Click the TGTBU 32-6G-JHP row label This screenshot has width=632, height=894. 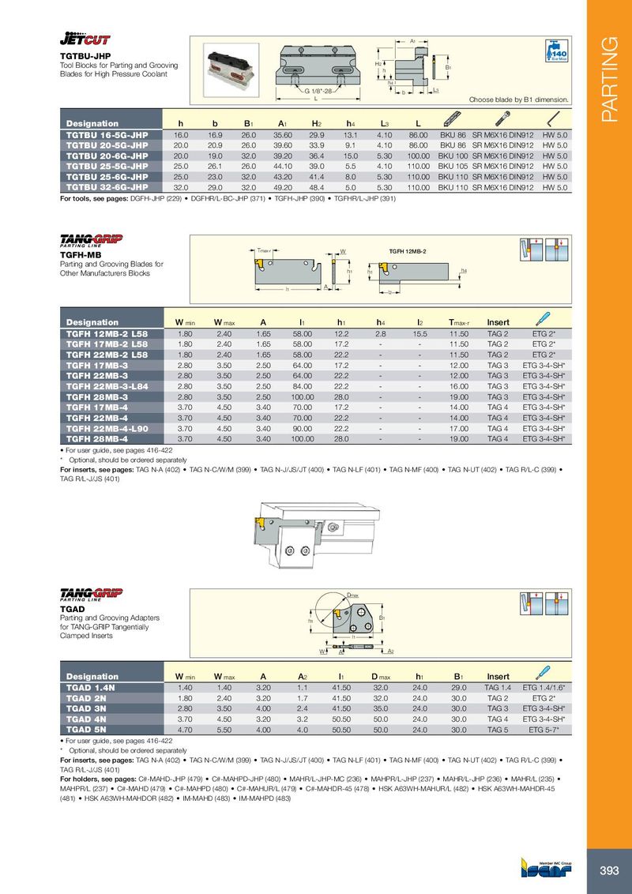coord(107,188)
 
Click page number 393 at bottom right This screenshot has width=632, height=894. coord(609,870)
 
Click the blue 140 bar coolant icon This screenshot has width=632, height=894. coord(558,51)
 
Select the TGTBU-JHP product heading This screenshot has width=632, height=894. coord(80,57)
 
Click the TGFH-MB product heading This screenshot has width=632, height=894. coord(78,255)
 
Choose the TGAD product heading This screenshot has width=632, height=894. coord(72,609)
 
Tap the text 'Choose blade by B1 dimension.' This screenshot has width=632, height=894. coord(519,100)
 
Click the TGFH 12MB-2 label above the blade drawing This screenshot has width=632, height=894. coord(408,250)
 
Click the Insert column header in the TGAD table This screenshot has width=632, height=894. coord(498,677)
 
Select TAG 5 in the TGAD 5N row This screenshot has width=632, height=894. coord(498,730)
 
